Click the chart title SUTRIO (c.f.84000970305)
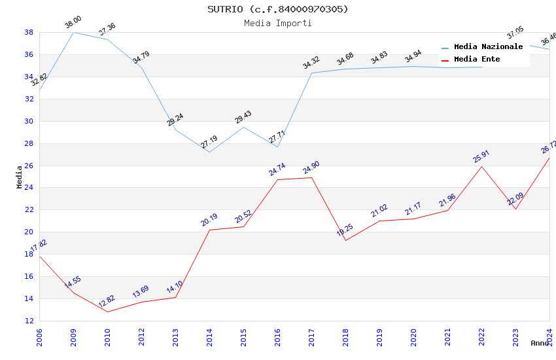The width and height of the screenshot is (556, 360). pyautogui.click(x=278, y=9)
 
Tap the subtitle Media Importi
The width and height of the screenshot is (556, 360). pyautogui.click(x=278, y=23)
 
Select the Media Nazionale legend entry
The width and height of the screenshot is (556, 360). pyautogui.click(x=488, y=46)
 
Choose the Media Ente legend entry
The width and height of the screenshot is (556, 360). pyautogui.click(x=477, y=59)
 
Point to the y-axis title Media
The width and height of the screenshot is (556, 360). pyautogui.click(x=20, y=177)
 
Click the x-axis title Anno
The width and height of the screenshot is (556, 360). pyautogui.click(x=540, y=343)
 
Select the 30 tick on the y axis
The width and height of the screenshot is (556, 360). pyautogui.click(x=29, y=121)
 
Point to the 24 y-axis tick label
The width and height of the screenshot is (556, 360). pyautogui.click(x=29, y=188)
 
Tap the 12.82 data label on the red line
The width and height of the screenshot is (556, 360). pyautogui.click(x=107, y=302)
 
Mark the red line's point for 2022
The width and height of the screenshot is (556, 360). pyautogui.click(x=481, y=166)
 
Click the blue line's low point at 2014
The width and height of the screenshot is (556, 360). pyautogui.click(x=209, y=152)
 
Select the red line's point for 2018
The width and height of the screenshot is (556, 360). pyautogui.click(x=345, y=240)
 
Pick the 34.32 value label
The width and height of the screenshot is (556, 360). pyautogui.click(x=311, y=63)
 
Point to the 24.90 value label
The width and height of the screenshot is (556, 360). pyautogui.click(x=311, y=168)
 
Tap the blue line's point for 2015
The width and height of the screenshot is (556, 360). pyautogui.click(x=243, y=127)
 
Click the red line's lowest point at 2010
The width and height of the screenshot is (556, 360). pyautogui.click(x=107, y=312)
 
